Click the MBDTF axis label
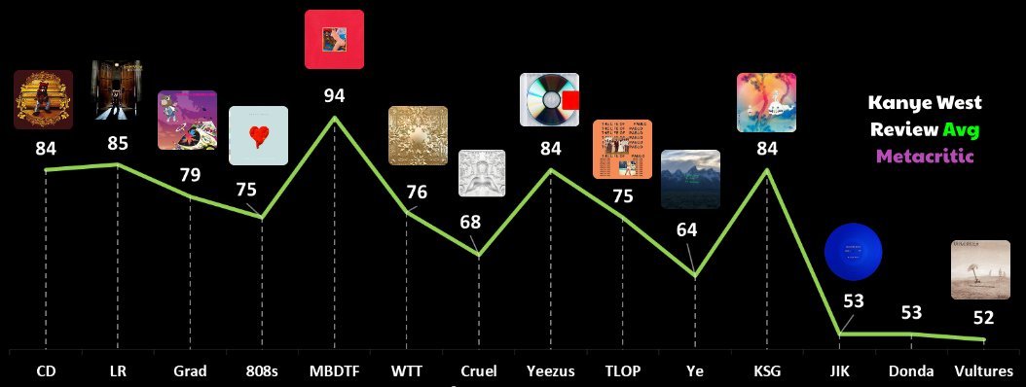click(334, 370)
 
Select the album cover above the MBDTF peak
click(334, 39)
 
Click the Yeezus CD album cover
click(549, 101)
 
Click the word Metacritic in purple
click(926, 155)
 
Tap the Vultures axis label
click(982, 370)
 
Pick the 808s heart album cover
click(258, 135)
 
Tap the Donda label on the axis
click(912, 370)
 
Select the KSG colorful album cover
click(766, 102)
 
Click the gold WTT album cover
click(418, 135)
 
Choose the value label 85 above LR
click(117, 144)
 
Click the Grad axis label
click(190, 370)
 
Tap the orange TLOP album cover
click(622, 149)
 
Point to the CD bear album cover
click(44, 99)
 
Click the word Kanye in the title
click(896, 104)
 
